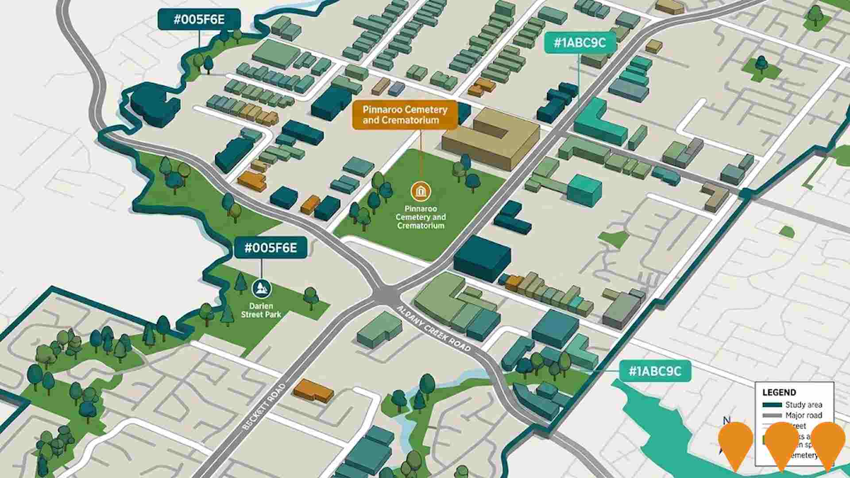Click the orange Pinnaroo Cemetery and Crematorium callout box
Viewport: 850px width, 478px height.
pyautogui.click(x=405, y=115)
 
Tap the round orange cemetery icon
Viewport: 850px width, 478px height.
pyautogui.click(x=421, y=191)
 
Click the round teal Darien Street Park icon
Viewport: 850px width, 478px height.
pyautogui.click(x=261, y=289)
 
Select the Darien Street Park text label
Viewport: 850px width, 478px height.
pyautogui.click(x=261, y=310)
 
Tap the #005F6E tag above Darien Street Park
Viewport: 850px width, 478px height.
pyautogui.click(x=270, y=248)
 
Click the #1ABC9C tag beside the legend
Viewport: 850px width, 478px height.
pyautogui.click(x=655, y=371)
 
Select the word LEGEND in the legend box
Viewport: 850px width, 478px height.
pyautogui.click(x=779, y=392)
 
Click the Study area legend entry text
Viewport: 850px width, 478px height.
pyautogui.click(x=804, y=405)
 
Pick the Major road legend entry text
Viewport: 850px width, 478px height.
pyautogui.click(x=804, y=415)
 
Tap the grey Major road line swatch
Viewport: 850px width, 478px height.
pyautogui.click(x=772, y=416)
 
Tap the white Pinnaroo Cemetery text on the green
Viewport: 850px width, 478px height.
pyautogui.click(x=421, y=217)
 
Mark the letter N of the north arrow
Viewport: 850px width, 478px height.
pyautogui.click(x=726, y=420)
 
